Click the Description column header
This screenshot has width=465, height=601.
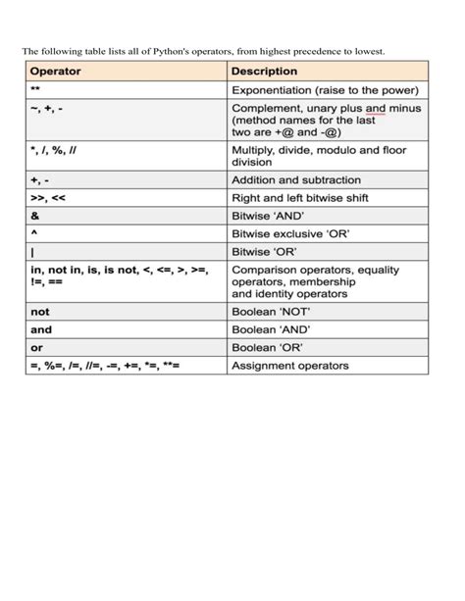click(x=264, y=72)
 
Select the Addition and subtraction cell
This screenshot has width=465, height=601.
click(x=295, y=180)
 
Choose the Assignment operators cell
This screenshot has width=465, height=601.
click(x=289, y=366)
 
